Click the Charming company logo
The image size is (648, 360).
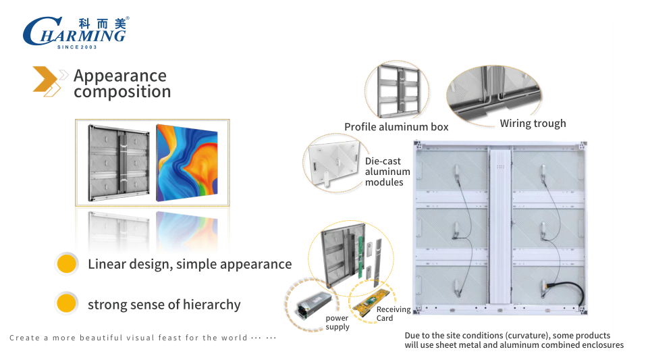point(74,32)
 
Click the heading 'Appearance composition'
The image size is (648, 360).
point(122,84)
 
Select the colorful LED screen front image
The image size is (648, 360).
point(187,163)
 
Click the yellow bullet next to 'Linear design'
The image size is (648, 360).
point(65,264)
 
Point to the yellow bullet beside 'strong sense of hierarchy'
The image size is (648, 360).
point(65,304)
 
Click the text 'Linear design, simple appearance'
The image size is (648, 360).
point(190,264)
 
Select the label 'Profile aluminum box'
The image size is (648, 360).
point(396,127)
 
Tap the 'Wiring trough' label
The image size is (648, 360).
point(533,124)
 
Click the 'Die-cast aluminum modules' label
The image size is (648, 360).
point(387,172)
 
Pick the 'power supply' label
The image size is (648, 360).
point(337,322)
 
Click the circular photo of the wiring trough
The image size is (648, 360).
point(494,95)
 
